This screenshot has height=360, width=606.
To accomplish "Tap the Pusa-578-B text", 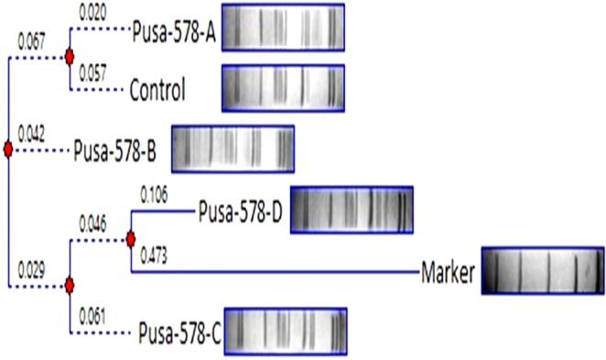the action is pos(117,149).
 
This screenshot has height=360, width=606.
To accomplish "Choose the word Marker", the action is pos(449,272).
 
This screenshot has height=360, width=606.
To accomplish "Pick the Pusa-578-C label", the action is pos(179,331).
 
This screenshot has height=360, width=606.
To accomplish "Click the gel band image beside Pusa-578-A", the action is pos(283,27).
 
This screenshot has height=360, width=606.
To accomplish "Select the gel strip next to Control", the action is pos(283,88).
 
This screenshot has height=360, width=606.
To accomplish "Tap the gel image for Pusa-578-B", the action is pos(233,149).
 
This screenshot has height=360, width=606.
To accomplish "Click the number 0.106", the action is pos(153,194).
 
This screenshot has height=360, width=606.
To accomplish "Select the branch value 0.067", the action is pos(31,40).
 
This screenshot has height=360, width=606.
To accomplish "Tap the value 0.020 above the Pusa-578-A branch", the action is pos(93,16).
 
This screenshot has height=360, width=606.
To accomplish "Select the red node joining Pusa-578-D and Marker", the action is pos(131,239).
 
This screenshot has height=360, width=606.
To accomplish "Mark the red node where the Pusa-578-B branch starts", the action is pos(7,149).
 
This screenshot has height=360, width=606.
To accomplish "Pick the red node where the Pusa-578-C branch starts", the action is pos(69,286).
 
